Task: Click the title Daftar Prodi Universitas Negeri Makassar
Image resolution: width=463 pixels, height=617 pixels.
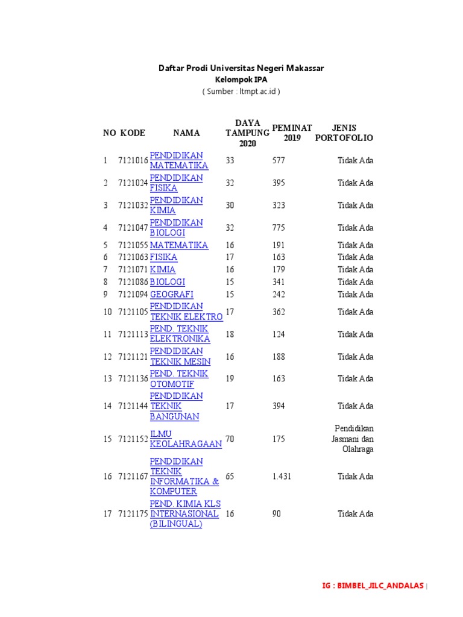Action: [241, 68]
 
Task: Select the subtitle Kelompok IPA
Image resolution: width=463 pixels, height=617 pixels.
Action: [241, 80]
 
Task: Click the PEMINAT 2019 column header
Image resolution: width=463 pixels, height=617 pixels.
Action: [292, 133]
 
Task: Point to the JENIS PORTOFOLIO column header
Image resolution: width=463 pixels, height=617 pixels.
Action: [344, 133]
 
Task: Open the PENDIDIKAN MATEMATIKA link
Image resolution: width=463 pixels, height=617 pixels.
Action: [178, 160]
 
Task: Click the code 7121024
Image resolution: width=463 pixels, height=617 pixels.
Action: [133, 183]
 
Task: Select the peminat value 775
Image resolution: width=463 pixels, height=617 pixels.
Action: [279, 228]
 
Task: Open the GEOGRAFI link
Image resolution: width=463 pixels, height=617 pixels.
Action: [171, 294]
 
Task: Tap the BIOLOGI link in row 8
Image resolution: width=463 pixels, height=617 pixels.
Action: [167, 282]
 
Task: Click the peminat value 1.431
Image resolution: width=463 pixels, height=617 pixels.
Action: [282, 477]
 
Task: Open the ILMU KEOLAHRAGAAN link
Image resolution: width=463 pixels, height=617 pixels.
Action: [185, 439]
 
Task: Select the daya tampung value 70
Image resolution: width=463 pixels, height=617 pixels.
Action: [230, 439]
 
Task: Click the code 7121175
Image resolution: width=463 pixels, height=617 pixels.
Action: [133, 514]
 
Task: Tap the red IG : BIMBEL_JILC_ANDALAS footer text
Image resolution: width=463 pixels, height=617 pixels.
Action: [373, 586]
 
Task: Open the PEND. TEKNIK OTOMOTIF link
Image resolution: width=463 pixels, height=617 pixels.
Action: [178, 378]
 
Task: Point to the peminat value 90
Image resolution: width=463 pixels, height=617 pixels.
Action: [277, 514]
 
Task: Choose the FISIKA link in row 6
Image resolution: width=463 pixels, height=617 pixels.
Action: [163, 257]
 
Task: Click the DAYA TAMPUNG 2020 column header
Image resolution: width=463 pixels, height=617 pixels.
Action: [247, 133]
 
